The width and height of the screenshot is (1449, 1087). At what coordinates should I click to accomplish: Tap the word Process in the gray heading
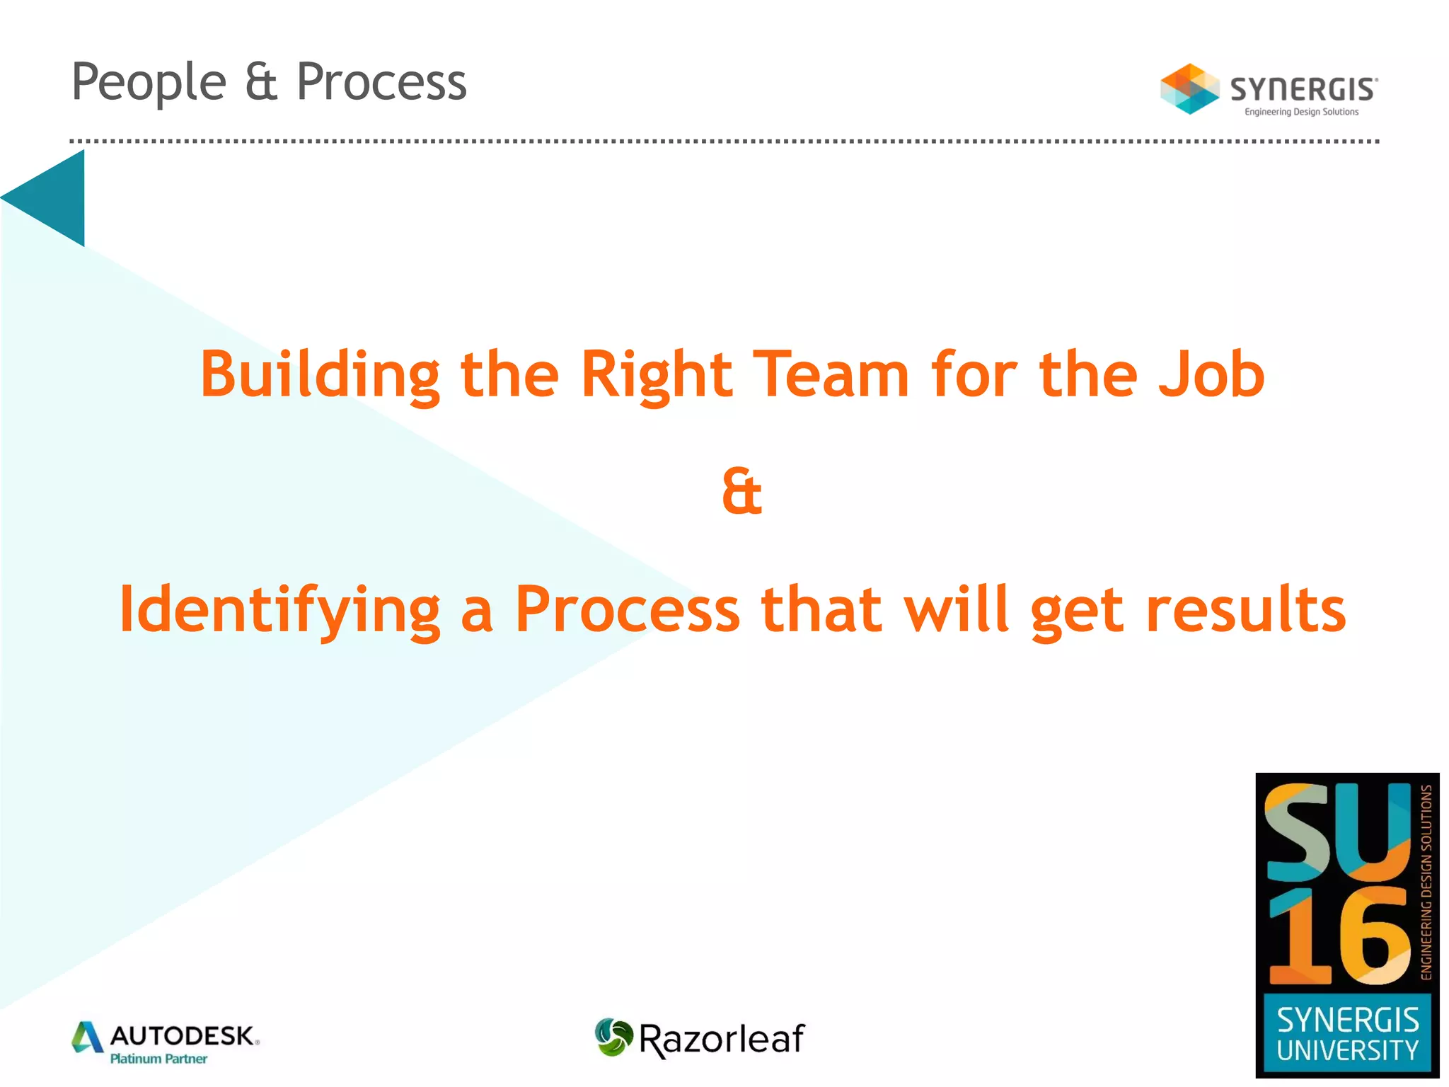(381, 82)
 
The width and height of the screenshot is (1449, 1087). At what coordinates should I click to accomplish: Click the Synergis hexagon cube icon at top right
(1189, 89)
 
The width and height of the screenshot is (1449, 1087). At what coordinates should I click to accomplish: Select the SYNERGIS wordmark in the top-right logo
(1303, 90)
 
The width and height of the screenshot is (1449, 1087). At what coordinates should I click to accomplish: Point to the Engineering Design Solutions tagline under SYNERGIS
(1301, 112)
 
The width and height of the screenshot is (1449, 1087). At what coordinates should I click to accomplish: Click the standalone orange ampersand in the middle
(741, 491)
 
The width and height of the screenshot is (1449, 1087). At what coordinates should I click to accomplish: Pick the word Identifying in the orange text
(280, 610)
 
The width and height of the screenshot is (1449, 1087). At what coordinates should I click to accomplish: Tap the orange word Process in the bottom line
(627, 610)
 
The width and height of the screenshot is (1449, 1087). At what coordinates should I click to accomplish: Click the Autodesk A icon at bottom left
(88, 1037)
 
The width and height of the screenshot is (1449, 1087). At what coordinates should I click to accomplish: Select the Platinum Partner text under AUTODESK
(158, 1059)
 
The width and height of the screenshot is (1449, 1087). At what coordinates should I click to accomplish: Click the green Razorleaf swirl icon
(613, 1037)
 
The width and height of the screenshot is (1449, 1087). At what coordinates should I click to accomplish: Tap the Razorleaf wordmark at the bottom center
(721, 1040)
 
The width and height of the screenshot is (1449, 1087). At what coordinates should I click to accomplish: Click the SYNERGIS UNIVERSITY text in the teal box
(1347, 1035)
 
